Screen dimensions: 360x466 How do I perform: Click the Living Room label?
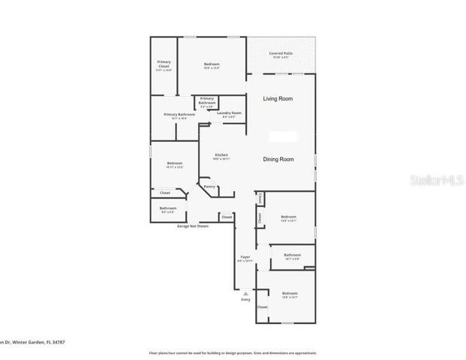[277, 99]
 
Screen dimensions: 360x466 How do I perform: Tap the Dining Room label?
[278, 159]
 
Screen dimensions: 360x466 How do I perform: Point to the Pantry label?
[209, 187]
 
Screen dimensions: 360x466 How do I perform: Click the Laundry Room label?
[229, 112]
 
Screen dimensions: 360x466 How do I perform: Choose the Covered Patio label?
[282, 53]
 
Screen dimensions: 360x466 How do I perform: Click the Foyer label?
[245, 257]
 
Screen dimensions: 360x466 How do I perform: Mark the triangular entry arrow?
[245, 292]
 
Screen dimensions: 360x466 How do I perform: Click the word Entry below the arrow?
[245, 300]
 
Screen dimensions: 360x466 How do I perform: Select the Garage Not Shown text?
[193, 226]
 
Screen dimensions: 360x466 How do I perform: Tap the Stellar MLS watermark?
[442, 180]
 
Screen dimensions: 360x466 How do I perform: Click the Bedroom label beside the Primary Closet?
[212, 64]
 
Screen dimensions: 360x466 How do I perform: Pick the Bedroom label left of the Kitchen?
[175, 163]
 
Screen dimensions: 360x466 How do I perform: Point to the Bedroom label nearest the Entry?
[290, 293]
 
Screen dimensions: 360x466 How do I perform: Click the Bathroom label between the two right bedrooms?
[293, 255]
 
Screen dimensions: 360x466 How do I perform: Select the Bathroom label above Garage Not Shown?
[168, 208]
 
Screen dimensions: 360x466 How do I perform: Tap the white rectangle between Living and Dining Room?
[283, 136]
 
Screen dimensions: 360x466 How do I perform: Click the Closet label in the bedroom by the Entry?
[262, 307]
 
